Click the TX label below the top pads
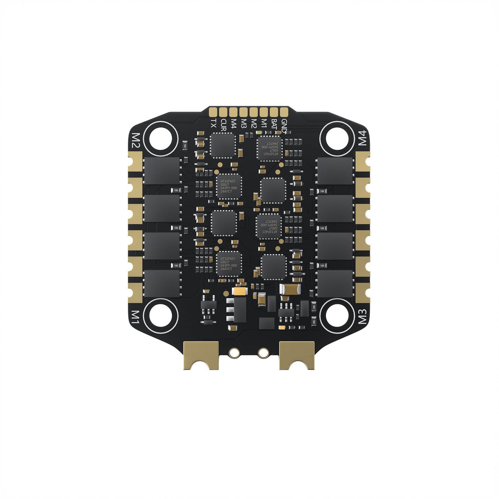tap(214, 123)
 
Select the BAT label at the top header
tap(274, 124)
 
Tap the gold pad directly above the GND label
tap(284, 112)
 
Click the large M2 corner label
tap(136, 141)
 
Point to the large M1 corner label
tap(136, 316)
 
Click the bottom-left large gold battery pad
tap(201, 354)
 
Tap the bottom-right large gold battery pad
tap(297, 354)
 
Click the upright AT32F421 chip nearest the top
tap(229, 187)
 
